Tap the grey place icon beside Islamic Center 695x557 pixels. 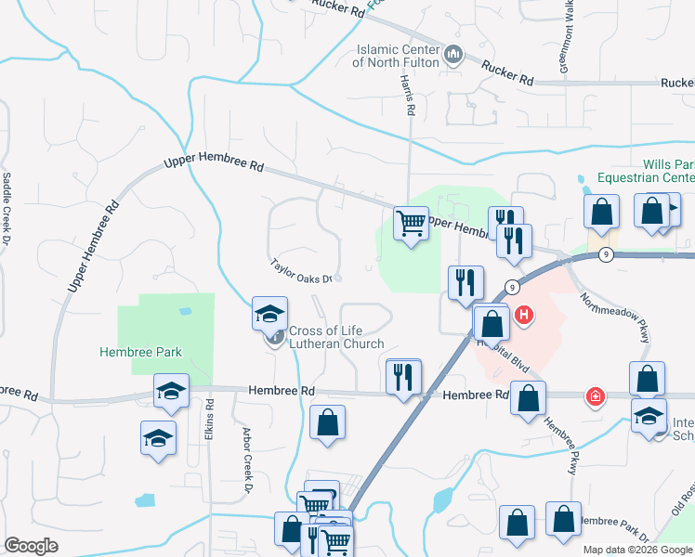click(453, 55)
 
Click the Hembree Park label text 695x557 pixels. click(141, 352)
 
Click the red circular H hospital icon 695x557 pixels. click(524, 316)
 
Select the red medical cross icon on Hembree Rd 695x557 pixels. click(594, 397)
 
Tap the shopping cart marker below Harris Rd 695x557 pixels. click(410, 223)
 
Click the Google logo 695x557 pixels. click(31, 546)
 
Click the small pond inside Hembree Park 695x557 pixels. click(185, 312)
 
